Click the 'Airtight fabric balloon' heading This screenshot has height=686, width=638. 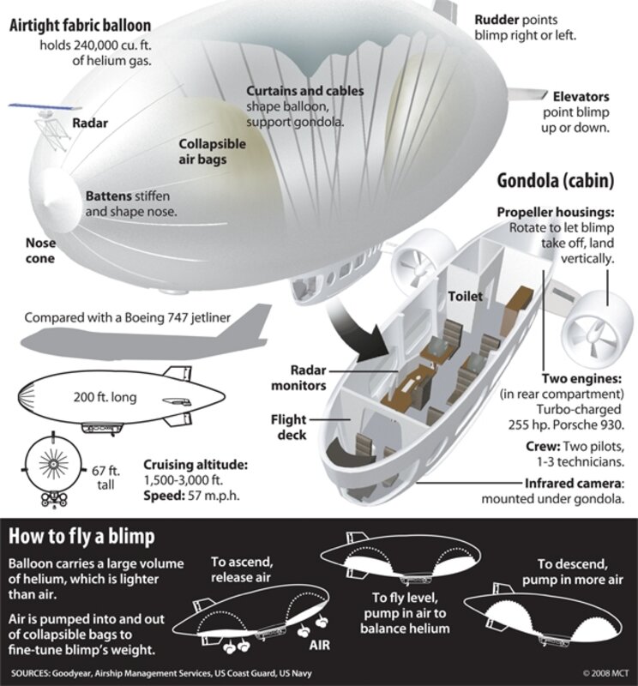click(80, 24)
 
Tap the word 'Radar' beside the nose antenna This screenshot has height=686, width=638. click(90, 123)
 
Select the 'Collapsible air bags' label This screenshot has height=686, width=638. click(212, 152)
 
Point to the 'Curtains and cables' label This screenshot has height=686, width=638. click(304, 91)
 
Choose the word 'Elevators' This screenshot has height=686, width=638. click(581, 97)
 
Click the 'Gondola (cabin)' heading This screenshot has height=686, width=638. click(556, 181)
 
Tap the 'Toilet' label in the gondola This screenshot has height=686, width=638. click(466, 297)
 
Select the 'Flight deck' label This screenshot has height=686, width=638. click(289, 427)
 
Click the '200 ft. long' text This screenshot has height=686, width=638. click(105, 397)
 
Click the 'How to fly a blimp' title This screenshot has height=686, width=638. click(81, 537)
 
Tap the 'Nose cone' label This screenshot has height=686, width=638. click(40, 250)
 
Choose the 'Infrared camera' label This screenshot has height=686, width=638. click(575, 483)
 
